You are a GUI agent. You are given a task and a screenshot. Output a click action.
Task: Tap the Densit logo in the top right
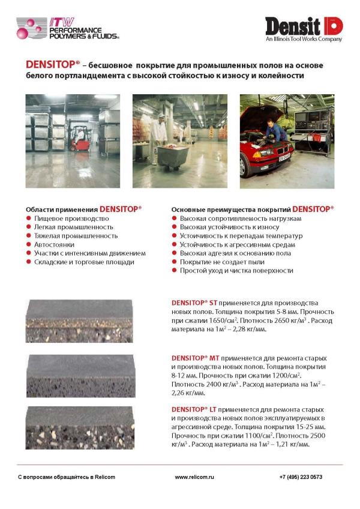point(304,26)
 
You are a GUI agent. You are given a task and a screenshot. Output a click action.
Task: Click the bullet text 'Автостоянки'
point(55,244)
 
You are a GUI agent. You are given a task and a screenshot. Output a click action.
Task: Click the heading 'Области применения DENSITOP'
point(83,209)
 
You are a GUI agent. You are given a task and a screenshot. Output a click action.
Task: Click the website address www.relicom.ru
point(194,477)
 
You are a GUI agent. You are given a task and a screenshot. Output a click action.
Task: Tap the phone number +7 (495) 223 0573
point(301,477)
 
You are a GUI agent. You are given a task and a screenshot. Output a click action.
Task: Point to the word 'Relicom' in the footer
point(103,477)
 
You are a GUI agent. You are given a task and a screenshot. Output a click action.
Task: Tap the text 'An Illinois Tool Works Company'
point(304,39)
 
